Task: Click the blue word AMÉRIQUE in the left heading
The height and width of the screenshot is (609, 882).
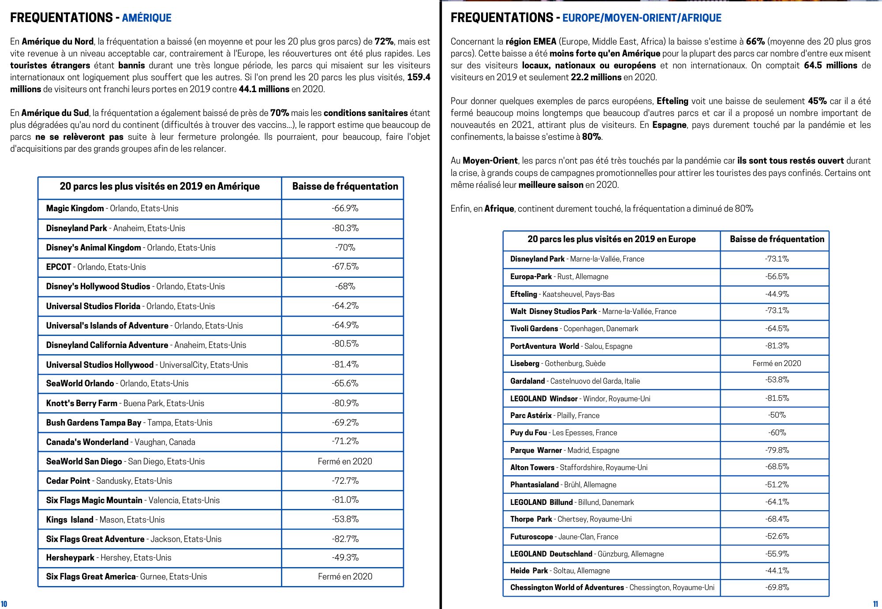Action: pyautogui.click(x=146, y=18)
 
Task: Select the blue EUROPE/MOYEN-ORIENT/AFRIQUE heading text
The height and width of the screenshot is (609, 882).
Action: pyautogui.click(x=642, y=18)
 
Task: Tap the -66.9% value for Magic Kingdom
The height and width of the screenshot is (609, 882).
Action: pyautogui.click(x=345, y=209)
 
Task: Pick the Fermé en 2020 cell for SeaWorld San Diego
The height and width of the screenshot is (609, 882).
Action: pyautogui.click(x=345, y=462)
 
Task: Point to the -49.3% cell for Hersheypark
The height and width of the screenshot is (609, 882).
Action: pyautogui.click(x=345, y=558)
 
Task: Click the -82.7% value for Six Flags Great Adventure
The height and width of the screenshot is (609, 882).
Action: pyautogui.click(x=345, y=539)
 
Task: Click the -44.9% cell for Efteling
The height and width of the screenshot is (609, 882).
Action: pyautogui.click(x=777, y=294)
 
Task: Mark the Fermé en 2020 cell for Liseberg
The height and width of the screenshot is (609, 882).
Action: pyautogui.click(x=777, y=363)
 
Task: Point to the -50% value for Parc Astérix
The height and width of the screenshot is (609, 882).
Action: pyautogui.click(x=777, y=415)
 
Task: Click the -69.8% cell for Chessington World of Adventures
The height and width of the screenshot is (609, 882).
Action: pyautogui.click(x=777, y=587)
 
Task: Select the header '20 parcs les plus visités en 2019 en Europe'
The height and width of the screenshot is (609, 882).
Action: pyautogui.click(x=611, y=239)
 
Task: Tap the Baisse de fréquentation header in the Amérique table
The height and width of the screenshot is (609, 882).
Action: pyautogui.click(x=345, y=187)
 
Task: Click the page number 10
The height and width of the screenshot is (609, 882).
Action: pyautogui.click(x=4, y=604)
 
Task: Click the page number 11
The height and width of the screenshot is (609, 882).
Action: pyautogui.click(x=875, y=604)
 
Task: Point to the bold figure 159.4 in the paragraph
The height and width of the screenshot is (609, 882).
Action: pyautogui.click(x=419, y=77)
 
